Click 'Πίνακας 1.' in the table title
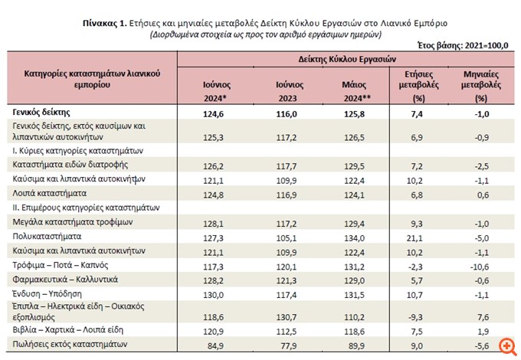[x=106, y=24]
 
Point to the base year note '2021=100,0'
[x=484, y=46]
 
